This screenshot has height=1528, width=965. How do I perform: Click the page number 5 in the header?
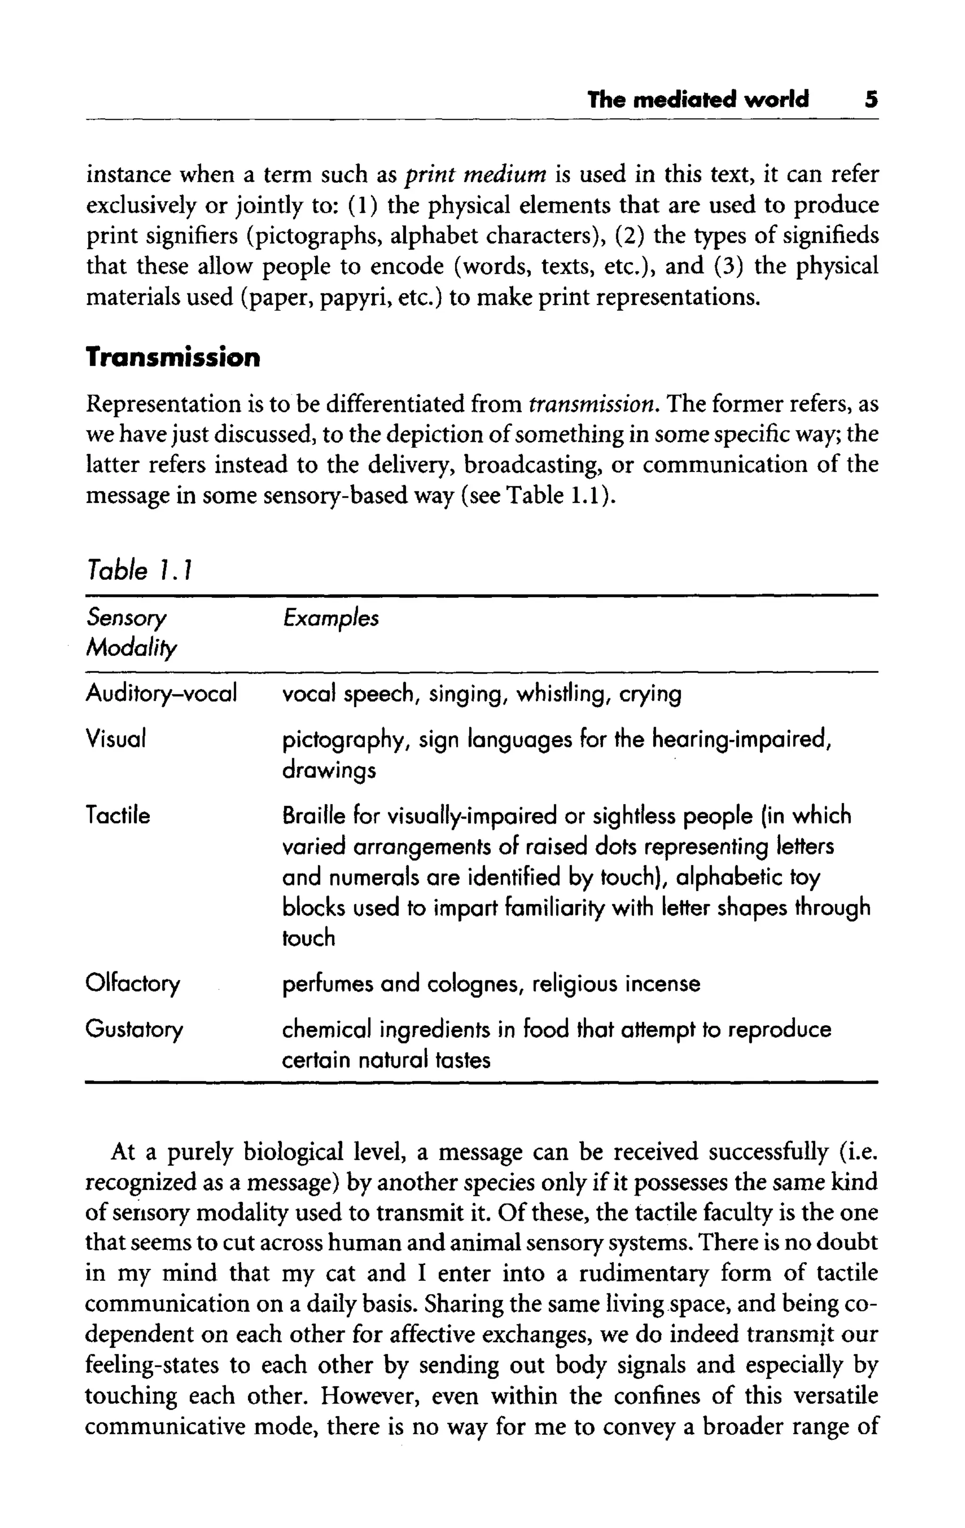click(871, 100)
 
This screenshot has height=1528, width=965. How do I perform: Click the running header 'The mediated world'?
click(698, 100)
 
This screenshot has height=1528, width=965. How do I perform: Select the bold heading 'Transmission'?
click(172, 358)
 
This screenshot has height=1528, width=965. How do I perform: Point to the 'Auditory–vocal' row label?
click(161, 693)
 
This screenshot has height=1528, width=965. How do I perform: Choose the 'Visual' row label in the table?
click(116, 739)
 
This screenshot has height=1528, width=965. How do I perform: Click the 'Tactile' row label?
click(118, 816)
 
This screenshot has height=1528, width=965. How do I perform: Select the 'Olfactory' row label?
click(133, 984)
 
